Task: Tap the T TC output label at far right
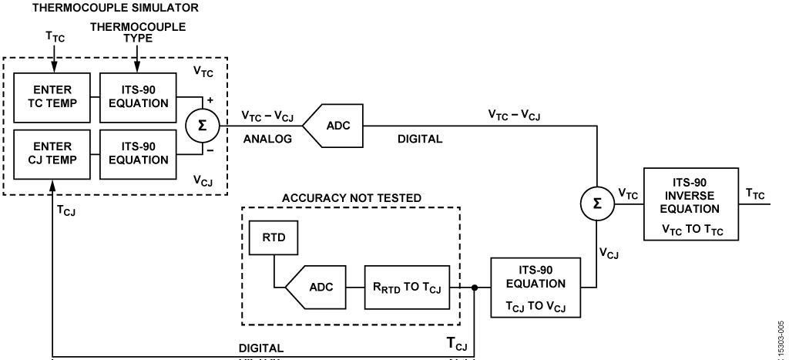755,196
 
